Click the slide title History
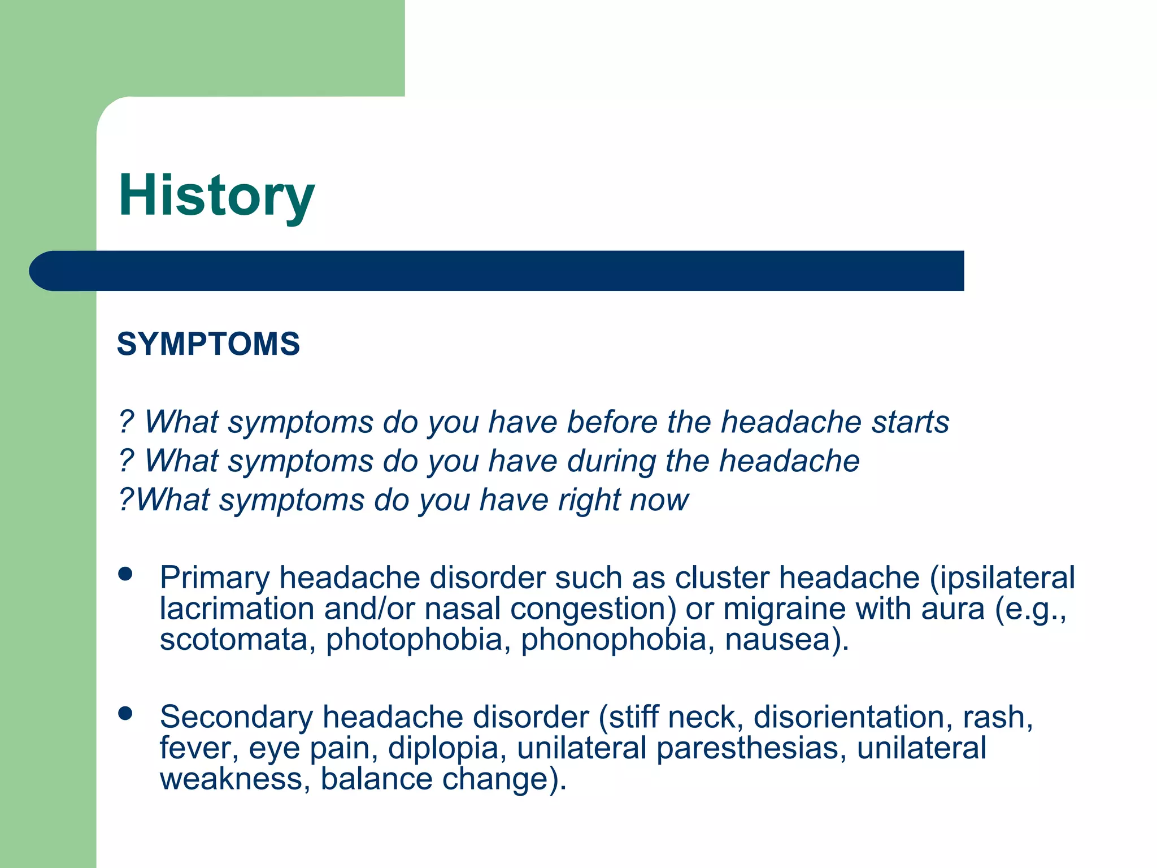216,196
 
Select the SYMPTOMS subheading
208,344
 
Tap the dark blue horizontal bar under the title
497,271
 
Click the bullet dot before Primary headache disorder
125,574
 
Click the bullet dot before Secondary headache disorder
125,713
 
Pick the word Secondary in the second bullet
236,717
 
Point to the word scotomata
233,640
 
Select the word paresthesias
751,748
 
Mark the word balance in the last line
376,779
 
